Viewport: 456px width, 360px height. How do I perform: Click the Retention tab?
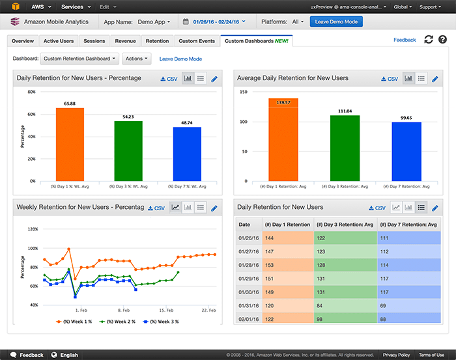pos(157,41)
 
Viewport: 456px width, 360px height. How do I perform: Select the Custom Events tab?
pos(197,41)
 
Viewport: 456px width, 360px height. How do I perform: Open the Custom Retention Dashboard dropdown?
pos(80,59)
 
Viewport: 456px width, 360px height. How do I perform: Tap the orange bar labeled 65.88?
pos(70,144)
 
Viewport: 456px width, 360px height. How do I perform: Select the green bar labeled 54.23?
pos(128,150)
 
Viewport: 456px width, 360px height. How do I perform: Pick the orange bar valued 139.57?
pos(283,139)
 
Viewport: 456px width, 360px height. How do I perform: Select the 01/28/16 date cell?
pos(248,265)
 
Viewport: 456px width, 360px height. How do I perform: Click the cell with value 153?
pos(287,265)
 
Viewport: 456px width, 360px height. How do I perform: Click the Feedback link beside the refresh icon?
pos(405,40)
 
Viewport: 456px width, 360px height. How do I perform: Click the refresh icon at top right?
pos(428,40)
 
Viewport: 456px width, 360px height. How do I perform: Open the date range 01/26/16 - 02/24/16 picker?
pos(215,21)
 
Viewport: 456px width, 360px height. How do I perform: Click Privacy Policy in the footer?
pos(396,355)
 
